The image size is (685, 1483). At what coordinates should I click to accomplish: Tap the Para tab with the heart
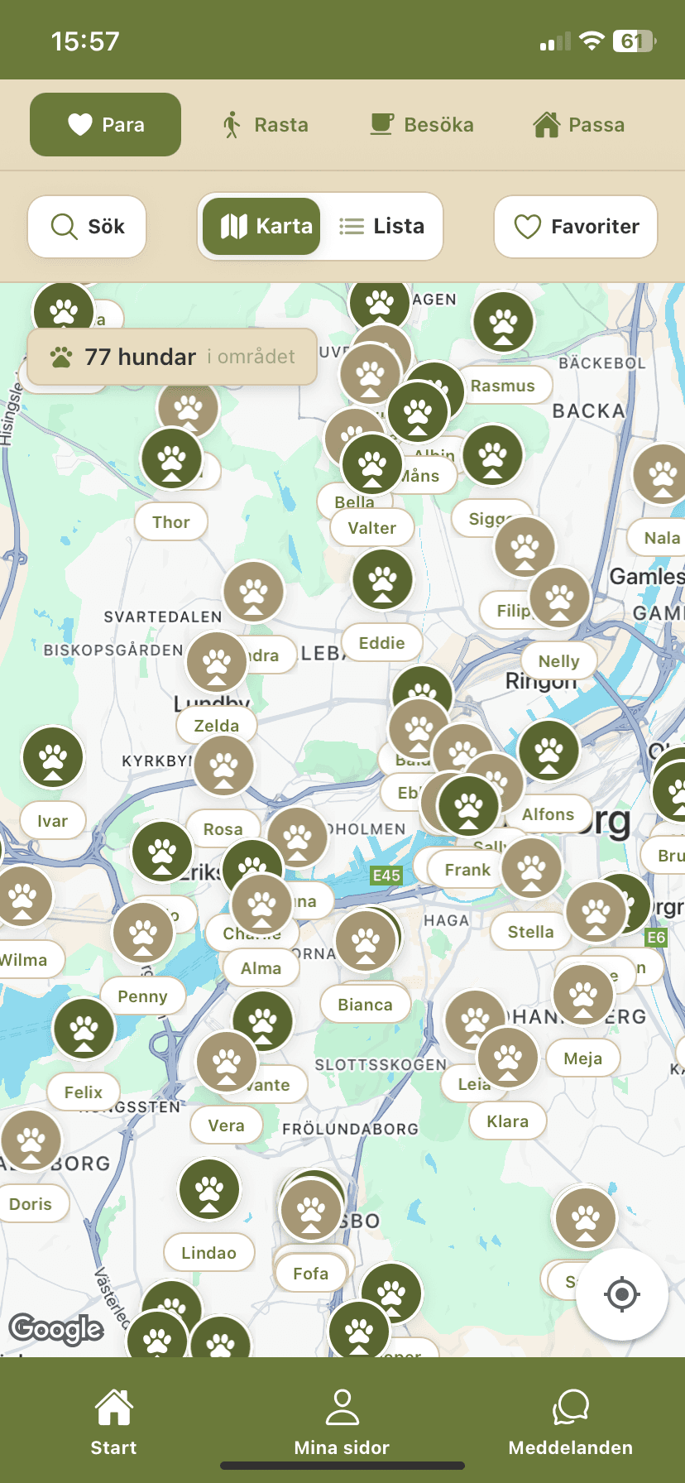[106, 125]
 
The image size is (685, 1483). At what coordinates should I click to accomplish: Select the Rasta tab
[265, 125]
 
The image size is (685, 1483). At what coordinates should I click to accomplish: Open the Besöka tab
[422, 125]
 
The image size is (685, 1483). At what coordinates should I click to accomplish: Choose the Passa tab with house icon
[579, 125]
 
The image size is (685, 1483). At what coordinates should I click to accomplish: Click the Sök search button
[87, 227]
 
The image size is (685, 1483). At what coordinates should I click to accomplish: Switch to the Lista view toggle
[382, 227]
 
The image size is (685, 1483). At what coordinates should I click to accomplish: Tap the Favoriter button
[576, 227]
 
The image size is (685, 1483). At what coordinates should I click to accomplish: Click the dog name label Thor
[171, 522]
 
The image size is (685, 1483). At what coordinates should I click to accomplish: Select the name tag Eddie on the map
[382, 643]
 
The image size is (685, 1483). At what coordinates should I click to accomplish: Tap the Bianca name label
[365, 1005]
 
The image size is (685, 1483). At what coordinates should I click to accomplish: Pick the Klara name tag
[507, 1121]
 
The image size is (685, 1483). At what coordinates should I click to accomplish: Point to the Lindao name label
[208, 1253]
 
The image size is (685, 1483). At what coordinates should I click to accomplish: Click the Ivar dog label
[53, 821]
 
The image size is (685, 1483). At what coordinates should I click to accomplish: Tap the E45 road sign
[386, 876]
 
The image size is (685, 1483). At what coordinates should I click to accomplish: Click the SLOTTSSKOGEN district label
[381, 1065]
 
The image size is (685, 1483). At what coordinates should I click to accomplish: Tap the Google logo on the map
[56, 1329]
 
